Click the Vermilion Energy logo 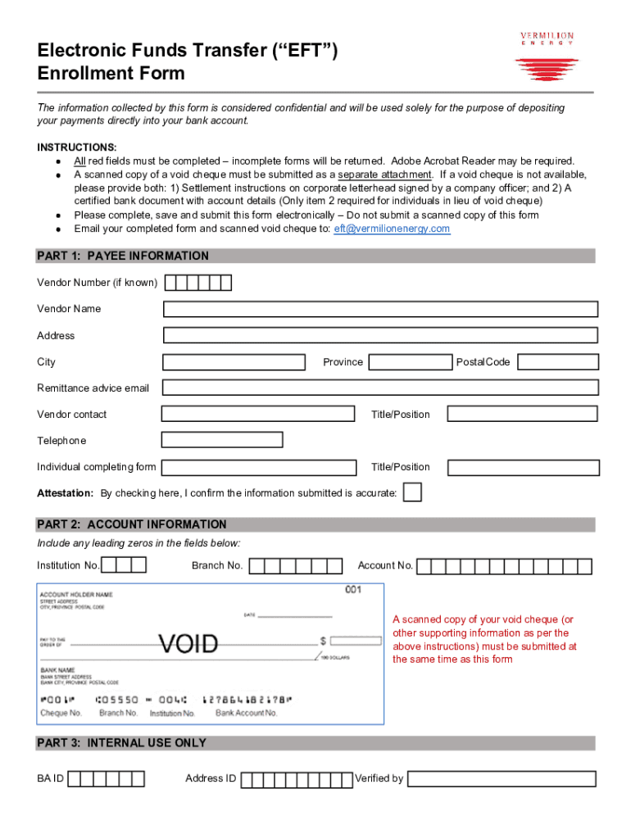tap(547, 57)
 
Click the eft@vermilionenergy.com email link tap(392, 229)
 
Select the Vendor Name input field tap(380, 309)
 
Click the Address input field tap(380, 335)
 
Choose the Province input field tap(410, 362)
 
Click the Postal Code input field tap(558, 362)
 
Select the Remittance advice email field tap(380, 388)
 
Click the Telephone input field tap(222, 440)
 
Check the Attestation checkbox tap(414, 492)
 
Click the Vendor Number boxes tap(198, 283)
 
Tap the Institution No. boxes tap(125, 565)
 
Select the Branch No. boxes tap(296, 565)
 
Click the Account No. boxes tap(504, 565)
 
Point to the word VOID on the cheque tap(188, 644)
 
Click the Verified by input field tap(502, 778)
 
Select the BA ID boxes tap(107, 778)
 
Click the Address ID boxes tap(297, 778)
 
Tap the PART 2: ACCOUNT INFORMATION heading tap(132, 524)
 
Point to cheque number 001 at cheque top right tap(352, 590)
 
